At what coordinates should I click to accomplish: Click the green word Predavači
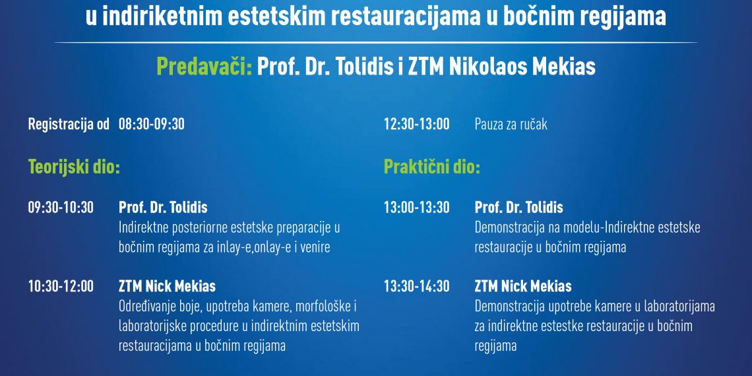204,67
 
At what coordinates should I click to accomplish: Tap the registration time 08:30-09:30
152,124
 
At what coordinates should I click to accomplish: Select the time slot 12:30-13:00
416,124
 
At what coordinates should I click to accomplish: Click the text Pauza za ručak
511,124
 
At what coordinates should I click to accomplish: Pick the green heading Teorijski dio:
74,167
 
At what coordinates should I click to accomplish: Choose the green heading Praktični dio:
432,167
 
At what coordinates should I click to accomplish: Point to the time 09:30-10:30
61,208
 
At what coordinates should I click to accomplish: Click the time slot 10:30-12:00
61,286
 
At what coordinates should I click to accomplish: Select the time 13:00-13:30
416,208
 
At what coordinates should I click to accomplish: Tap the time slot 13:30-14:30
416,286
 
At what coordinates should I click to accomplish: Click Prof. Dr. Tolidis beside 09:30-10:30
163,208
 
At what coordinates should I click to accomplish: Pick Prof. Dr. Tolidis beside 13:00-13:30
518,208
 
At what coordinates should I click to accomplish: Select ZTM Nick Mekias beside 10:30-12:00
167,286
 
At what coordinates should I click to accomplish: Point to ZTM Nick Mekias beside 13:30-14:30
523,286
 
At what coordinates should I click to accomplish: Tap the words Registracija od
69,124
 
